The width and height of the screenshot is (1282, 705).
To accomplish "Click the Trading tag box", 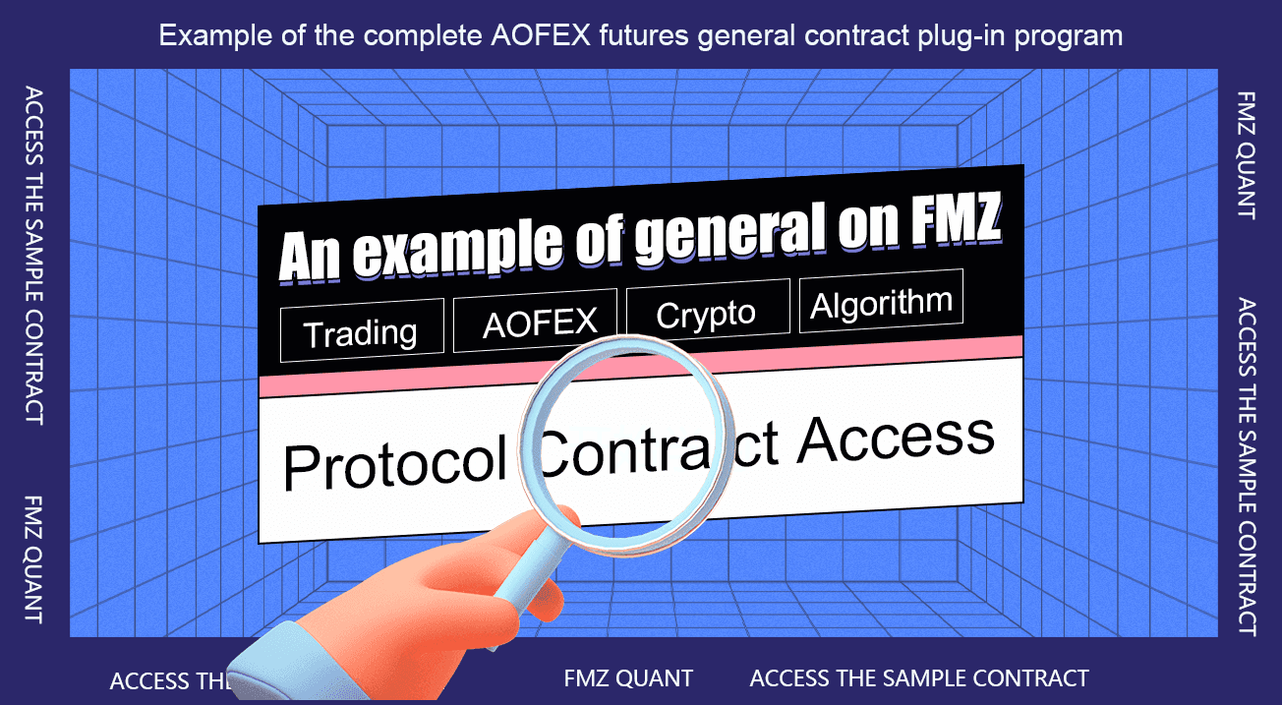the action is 362,330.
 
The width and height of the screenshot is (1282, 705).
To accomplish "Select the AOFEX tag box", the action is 535,321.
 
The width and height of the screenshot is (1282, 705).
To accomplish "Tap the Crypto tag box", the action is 709,312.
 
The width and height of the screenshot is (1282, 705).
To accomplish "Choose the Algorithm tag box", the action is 881,301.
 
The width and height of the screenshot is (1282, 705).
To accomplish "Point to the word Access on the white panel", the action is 897,440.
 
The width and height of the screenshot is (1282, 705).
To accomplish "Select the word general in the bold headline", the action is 730,231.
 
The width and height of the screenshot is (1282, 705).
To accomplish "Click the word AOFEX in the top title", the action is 541,35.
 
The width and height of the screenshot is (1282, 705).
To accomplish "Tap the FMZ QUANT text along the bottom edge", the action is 628,678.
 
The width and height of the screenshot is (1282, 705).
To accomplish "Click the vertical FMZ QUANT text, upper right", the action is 1246,155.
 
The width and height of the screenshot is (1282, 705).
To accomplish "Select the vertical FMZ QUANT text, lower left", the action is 33,559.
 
